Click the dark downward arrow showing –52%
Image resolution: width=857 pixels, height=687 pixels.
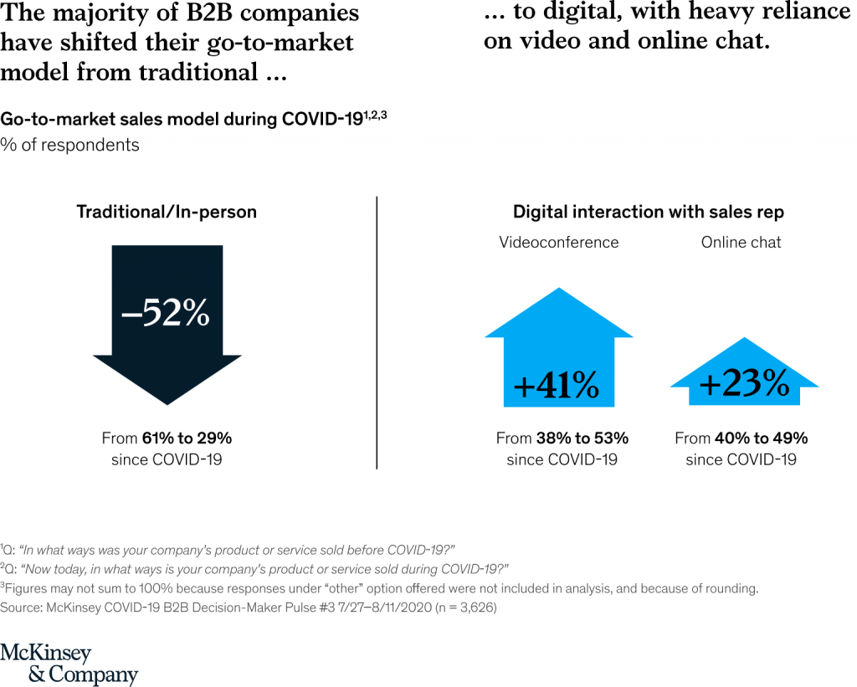[167, 322]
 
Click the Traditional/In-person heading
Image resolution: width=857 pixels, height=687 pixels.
[167, 213]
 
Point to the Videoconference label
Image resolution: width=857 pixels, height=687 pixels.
[559, 243]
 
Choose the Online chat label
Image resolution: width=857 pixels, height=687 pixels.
[741, 243]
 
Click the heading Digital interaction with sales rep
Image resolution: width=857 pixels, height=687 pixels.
[649, 213]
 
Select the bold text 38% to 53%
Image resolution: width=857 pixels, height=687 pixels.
[582, 438]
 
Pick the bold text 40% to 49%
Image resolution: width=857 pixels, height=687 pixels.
[761, 438]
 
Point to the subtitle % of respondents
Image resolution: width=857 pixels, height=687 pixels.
[69, 145]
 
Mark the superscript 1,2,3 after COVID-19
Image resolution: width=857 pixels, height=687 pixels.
[375, 114]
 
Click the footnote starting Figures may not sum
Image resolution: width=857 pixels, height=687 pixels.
[381, 588]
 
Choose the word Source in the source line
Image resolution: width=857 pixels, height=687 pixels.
[21, 608]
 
